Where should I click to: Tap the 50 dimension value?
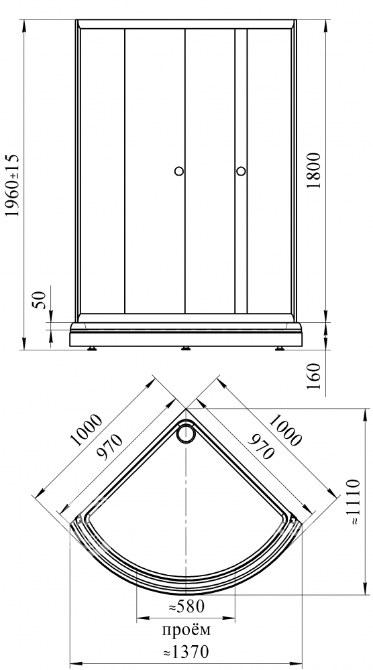coord(40,300)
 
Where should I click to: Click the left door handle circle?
coord(179,171)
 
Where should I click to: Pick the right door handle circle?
coord(241,171)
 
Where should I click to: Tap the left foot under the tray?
coord(92,348)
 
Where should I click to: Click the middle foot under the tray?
coord(186,348)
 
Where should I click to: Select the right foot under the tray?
coord(280,348)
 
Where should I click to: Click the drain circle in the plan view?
coord(186,432)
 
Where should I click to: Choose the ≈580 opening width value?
coord(186,606)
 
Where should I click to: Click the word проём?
coord(186,630)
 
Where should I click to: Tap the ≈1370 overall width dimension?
coord(186,652)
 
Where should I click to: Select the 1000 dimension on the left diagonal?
coord(86,430)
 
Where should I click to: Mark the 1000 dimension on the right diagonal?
coord(285,430)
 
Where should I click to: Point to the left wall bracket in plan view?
coord(80,520)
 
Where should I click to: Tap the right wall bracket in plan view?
coord(292,520)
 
